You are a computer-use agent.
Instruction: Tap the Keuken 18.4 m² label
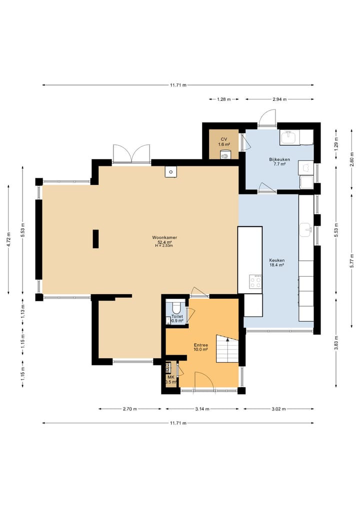[x=277, y=262]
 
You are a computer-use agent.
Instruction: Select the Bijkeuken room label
[x=279, y=162]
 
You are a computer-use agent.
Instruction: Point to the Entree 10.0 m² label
[x=201, y=347]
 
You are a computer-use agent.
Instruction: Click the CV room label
[x=224, y=142]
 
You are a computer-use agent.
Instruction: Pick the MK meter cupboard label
[x=171, y=380]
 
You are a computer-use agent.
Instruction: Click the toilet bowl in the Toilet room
[x=177, y=306]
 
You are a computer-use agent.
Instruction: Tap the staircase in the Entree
[x=227, y=349]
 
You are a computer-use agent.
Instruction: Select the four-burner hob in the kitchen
[x=255, y=281]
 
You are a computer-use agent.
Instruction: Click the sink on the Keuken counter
[x=306, y=230]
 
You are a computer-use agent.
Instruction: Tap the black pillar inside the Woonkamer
[x=95, y=239]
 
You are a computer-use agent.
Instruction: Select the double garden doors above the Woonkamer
[x=131, y=153]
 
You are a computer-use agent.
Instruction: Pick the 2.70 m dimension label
[x=129, y=409]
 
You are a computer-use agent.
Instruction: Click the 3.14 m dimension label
[x=202, y=409]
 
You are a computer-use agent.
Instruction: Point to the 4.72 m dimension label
[x=8, y=239]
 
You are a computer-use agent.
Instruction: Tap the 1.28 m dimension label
[x=224, y=99]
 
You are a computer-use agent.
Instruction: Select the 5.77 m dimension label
[x=351, y=261]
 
